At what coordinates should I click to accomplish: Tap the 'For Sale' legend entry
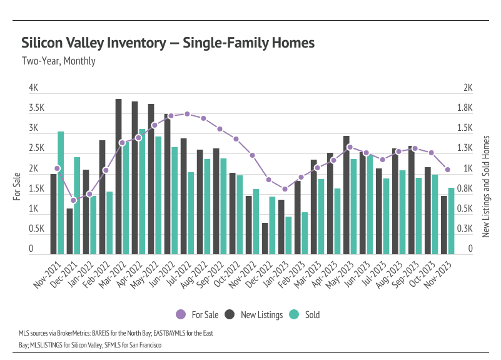199,314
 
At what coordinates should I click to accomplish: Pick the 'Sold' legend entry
306,314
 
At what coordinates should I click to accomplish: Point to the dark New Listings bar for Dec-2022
265,239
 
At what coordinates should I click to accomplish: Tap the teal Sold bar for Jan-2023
288,235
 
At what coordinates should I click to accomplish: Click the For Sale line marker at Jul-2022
187,114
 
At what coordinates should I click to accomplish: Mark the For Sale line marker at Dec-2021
73,200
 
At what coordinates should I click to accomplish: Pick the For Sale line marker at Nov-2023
447,170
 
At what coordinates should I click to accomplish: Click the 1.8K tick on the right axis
464,108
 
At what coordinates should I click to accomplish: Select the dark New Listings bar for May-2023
346,195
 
